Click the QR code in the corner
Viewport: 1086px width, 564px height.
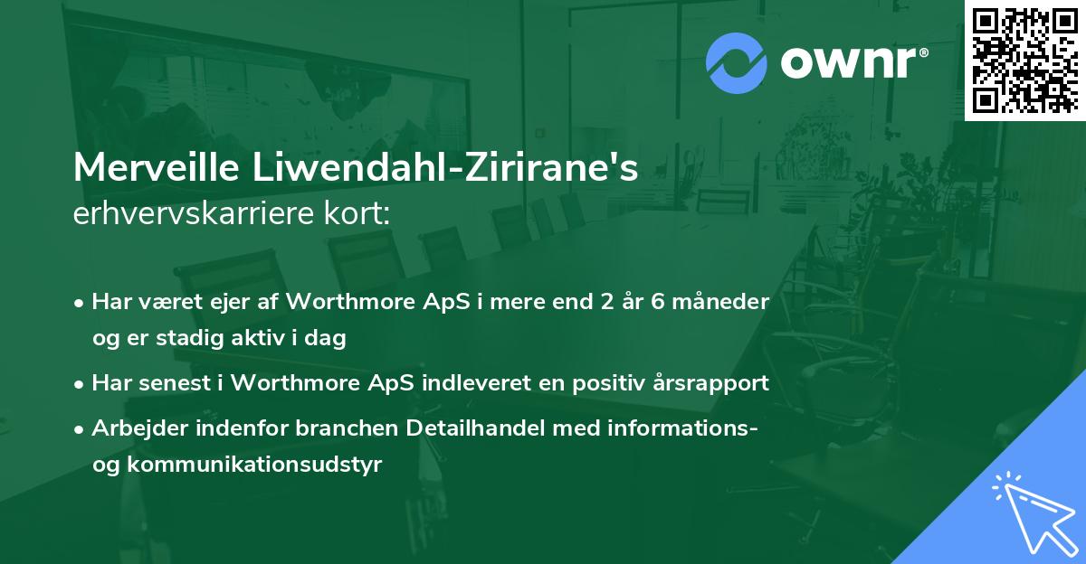(1024, 60)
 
